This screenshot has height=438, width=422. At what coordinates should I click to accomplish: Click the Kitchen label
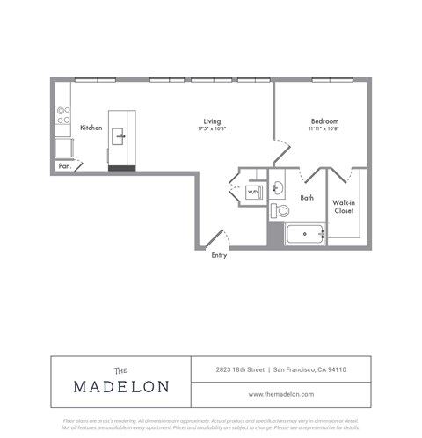click(x=91, y=128)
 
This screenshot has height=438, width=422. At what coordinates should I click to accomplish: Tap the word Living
click(x=212, y=120)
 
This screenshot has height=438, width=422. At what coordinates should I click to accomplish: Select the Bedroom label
click(x=324, y=120)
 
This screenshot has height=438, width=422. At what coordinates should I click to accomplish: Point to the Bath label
click(x=307, y=198)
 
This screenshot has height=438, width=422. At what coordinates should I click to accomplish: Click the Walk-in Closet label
click(x=344, y=207)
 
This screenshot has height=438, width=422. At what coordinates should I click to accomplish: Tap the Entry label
click(x=219, y=256)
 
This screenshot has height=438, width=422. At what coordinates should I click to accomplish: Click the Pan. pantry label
click(x=64, y=165)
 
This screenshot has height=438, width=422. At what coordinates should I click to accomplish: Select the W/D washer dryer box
click(x=252, y=191)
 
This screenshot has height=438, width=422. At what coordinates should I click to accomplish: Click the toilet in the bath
click(x=280, y=210)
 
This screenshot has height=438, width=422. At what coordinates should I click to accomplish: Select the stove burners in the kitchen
click(x=63, y=113)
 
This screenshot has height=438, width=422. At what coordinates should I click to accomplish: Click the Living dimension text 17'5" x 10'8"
click(x=212, y=129)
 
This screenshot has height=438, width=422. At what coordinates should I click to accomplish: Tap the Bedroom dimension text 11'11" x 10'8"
click(x=324, y=129)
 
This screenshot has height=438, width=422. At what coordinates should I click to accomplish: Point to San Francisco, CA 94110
click(x=322, y=369)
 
